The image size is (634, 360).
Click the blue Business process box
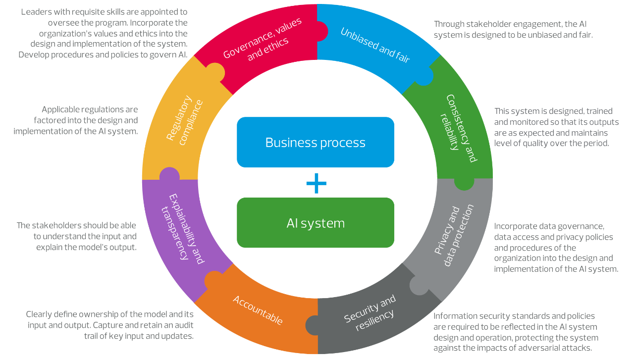point(316,143)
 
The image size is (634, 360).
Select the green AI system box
point(316,223)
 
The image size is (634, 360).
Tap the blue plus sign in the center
point(316,184)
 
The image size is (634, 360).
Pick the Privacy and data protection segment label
point(454,236)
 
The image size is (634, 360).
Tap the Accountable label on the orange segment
point(258,310)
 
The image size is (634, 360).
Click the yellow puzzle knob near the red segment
point(215,72)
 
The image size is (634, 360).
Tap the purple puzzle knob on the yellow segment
point(169,175)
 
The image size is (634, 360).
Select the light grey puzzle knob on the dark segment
point(419,286)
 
